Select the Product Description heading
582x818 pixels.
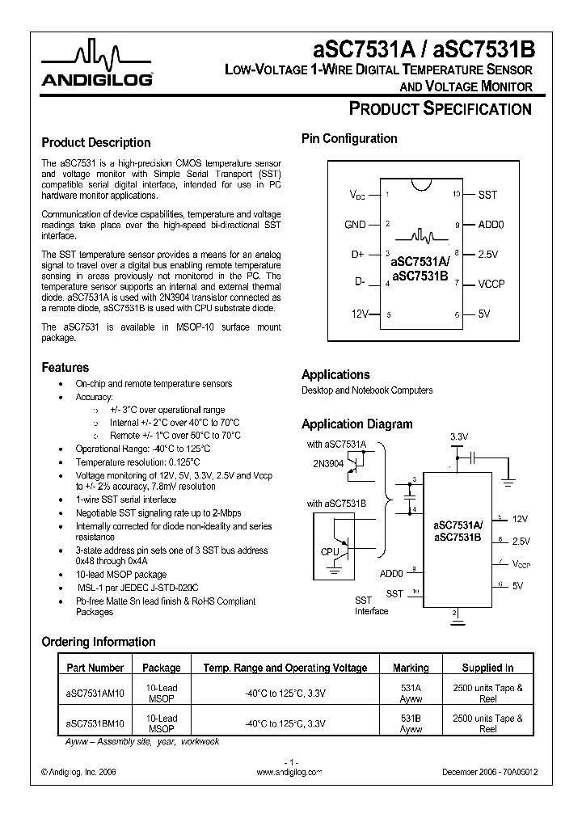(x=95, y=142)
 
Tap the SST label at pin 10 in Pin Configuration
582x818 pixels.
(x=487, y=195)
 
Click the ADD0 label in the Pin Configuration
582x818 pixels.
(x=491, y=225)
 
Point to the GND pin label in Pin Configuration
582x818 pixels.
(x=355, y=225)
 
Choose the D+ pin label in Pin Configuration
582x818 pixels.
(x=358, y=255)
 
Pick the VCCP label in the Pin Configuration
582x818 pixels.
(x=491, y=284)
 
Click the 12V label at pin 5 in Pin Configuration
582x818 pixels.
(x=359, y=314)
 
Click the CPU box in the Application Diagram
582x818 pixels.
(x=330, y=552)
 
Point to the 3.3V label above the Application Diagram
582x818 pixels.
(x=458, y=436)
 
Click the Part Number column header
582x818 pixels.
(x=95, y=668)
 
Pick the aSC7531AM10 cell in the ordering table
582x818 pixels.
(x=95, y=694)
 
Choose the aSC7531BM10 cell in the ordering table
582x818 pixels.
(x=95, y=723)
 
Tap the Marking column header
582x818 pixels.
(x=411, y=668)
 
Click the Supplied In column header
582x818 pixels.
(x=487, y=668)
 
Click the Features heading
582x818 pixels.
(x=65, y=367)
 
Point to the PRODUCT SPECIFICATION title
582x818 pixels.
(x=440, y=109)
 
